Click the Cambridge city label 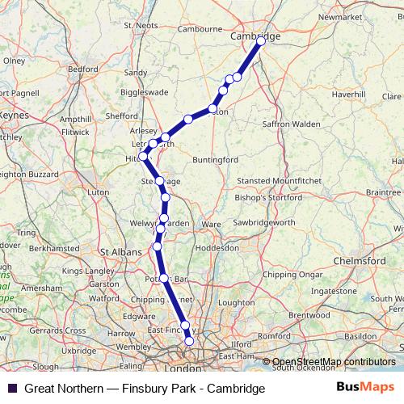click(255, 36)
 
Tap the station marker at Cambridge click(261, 43)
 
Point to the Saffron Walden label click(292, 124)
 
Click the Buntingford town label click(216, 160)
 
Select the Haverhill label click(348, 95)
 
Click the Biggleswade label click(143, 93)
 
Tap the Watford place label click(103, 298)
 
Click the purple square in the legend click(12, 388)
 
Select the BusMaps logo click(364, 388)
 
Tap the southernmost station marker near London click(190, 342)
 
